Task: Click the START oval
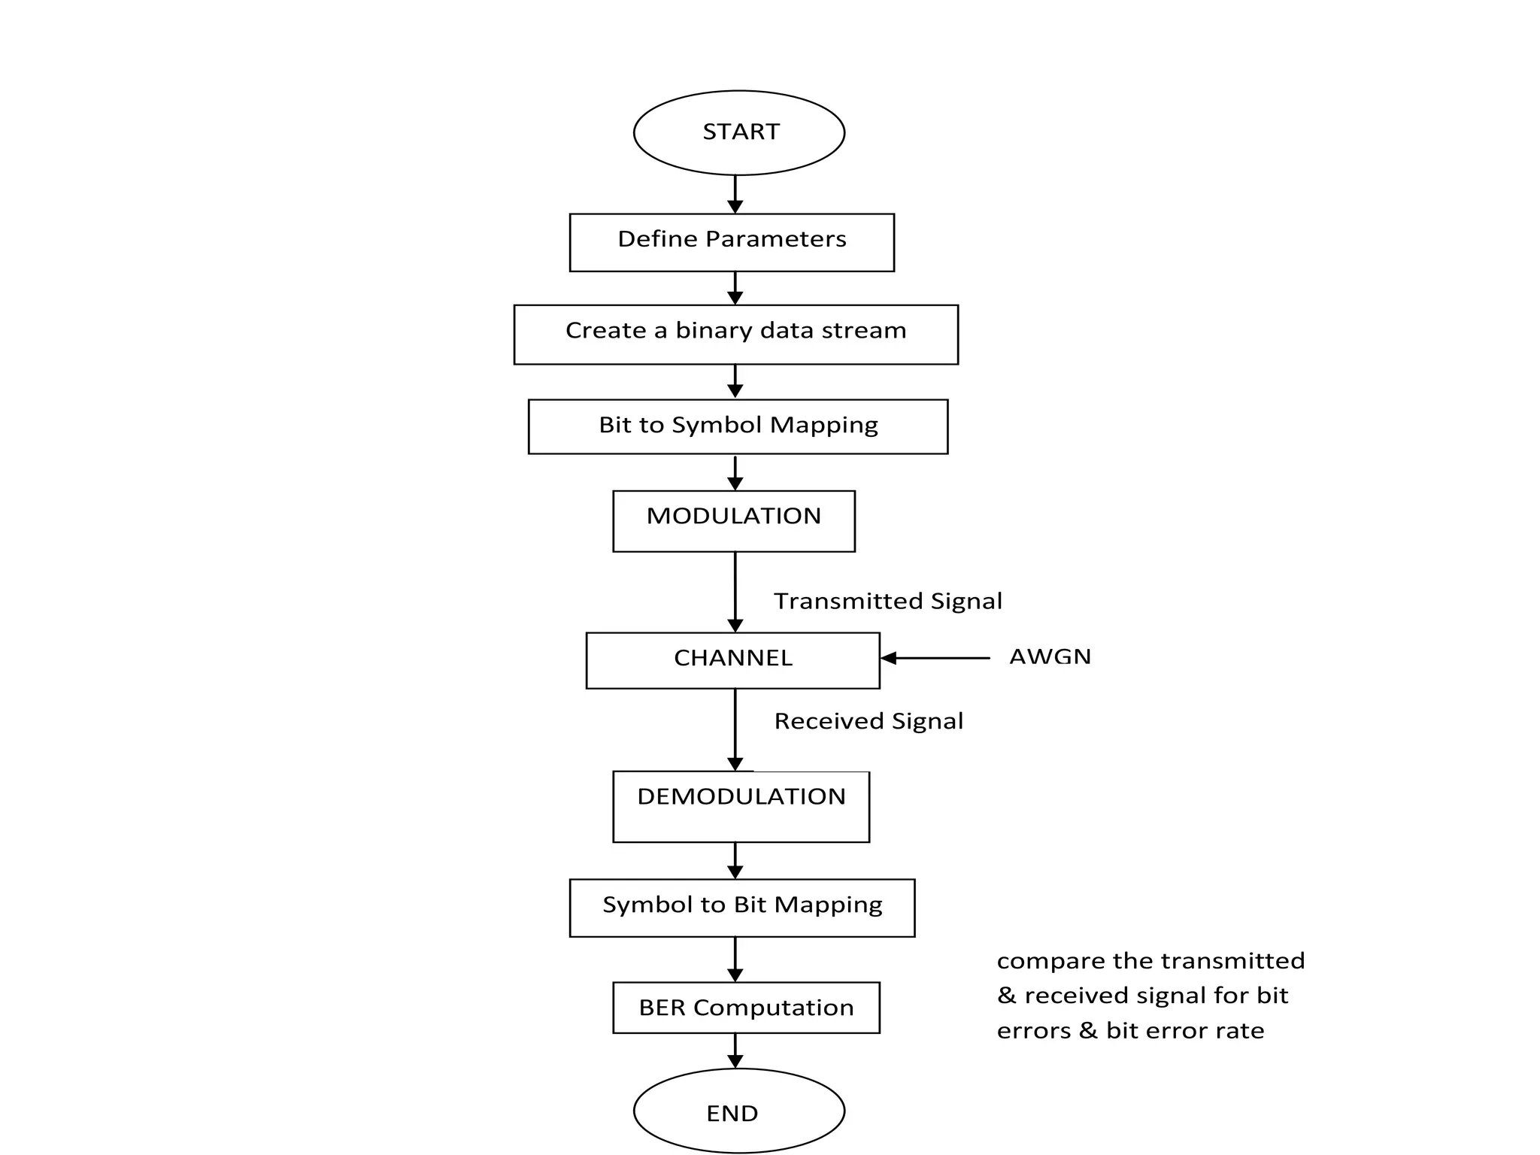[x=739, y=132]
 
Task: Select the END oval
[x=739, y=1111]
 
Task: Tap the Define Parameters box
[x=732, y=242]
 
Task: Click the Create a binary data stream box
[x=735, y=334]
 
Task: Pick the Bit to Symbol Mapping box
[x=738, y=426]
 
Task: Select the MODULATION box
[x=734, y=520]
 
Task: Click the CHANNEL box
[x=732, y=660]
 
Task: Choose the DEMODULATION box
[x=741, y=806]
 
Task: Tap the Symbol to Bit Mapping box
[x=742, y=907]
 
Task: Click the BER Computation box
[x=746, y=1007]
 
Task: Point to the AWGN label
[x=1050, y=656]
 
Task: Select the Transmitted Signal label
[x=888, y=601]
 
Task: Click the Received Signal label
[x=869, y=721]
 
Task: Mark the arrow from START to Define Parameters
[x=735, y=194]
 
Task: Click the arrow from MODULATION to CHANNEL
[x=735, y=592]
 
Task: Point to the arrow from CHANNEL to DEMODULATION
[x=735, y=729]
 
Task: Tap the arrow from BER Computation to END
[x=735, y=1050]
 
